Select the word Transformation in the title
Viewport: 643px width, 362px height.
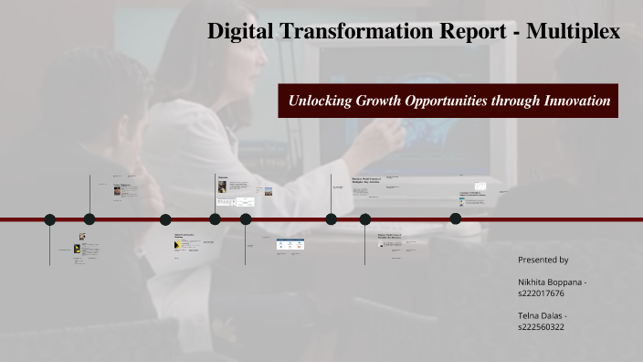352,32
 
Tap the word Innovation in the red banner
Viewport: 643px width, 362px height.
575,101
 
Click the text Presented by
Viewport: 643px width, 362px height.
543,260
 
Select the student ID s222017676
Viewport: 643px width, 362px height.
542,293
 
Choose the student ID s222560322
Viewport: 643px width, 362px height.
542,326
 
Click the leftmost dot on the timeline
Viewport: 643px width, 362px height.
50,219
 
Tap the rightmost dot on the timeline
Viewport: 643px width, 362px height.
455,218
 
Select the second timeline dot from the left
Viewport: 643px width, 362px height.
90,219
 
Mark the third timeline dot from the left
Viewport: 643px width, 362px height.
165,219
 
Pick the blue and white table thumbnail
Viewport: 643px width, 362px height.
290,244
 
